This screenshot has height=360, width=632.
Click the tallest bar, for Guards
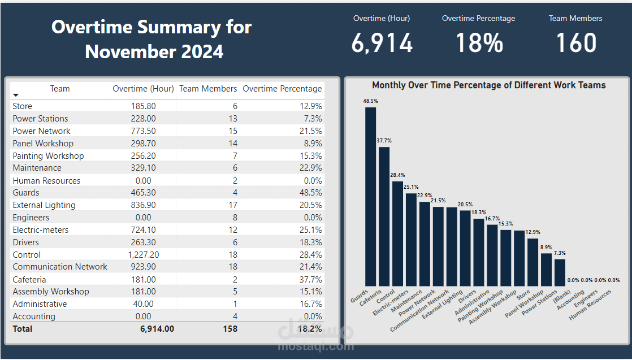(x=370, y=197)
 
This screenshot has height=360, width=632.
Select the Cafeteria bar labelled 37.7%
(x=384, y=216)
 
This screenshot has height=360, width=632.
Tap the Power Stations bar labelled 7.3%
(x=560, y=272)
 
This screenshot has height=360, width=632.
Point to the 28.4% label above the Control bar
(x=397, y=175)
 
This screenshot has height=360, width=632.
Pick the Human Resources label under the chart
(x=590, y=305)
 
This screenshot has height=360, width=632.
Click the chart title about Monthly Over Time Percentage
(x=489, y=85)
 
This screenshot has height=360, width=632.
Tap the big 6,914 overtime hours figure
(x=382, y=43)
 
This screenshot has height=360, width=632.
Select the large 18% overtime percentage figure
(x=479, y=43)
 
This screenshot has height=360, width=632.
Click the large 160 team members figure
(x=576, y=43)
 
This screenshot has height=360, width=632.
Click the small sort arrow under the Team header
(x=16, y=95)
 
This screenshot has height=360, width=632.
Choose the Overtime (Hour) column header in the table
(x=143, y=89)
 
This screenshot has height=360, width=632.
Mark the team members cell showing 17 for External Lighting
(x=233, y=205)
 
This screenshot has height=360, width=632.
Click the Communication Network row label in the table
(x=60, y=267)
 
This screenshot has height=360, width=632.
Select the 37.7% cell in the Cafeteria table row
(x=311, y=279)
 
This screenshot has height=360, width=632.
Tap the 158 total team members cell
(x=230, y=329)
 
